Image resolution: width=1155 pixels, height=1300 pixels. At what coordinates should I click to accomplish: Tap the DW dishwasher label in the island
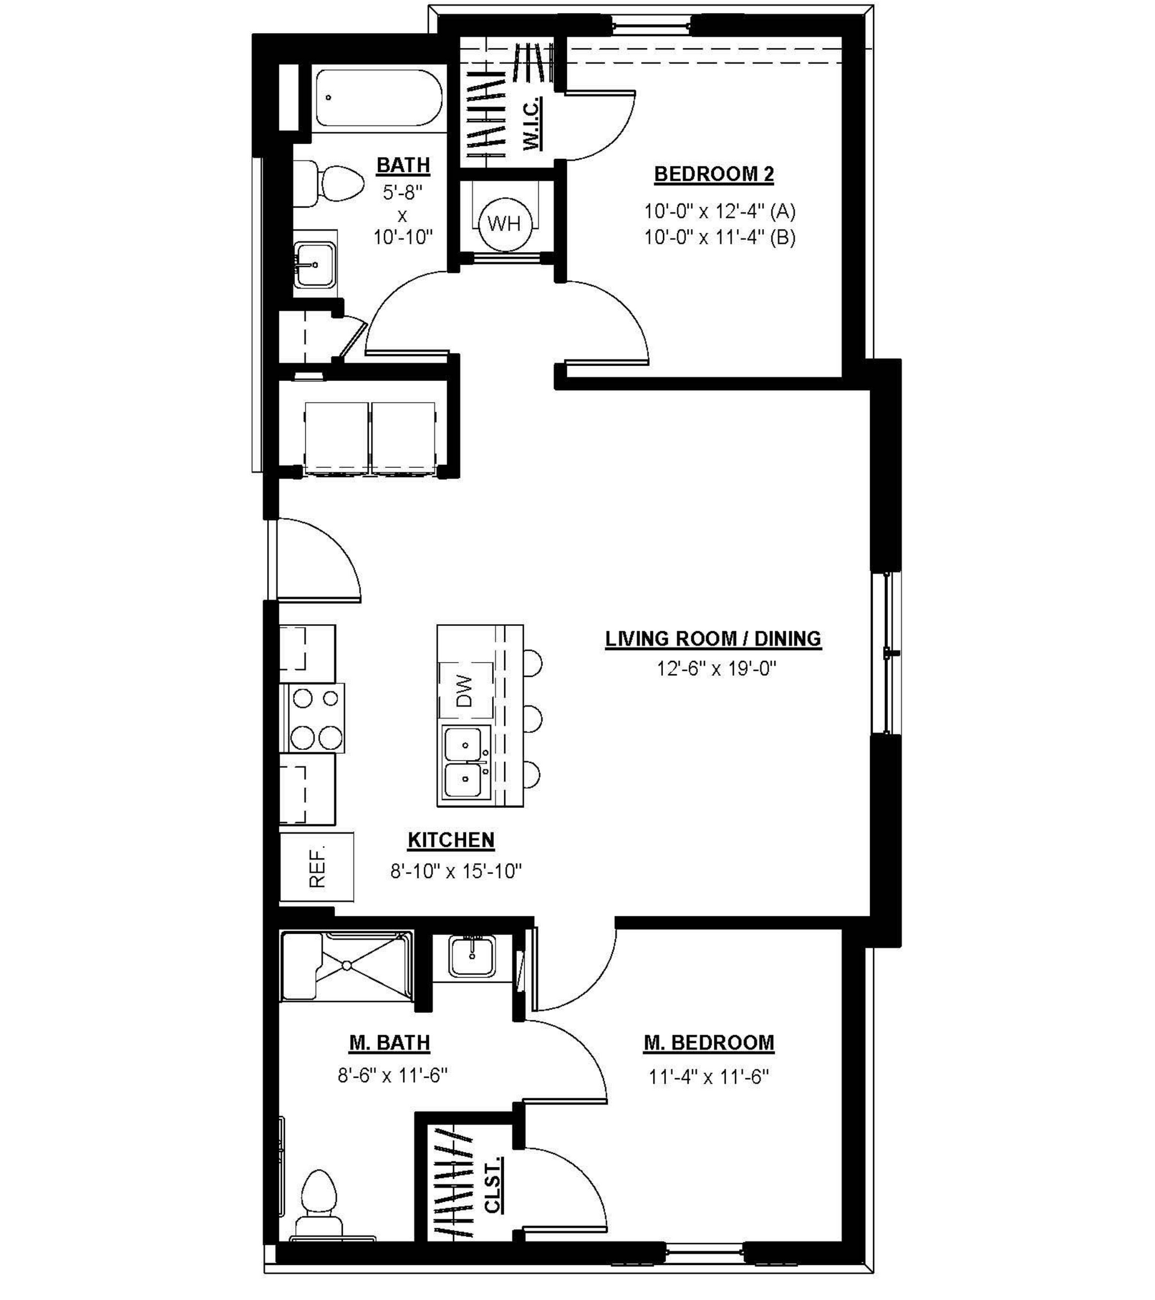pos(464,690)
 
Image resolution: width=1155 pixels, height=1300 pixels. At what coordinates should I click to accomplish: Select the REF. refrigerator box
pos(316,866)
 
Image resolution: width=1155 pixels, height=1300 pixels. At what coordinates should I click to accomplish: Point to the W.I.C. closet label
pos(531,123)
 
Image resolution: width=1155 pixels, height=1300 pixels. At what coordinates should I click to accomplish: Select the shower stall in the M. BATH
pos(347,965)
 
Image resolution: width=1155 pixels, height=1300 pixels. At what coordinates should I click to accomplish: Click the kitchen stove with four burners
pos(316,718)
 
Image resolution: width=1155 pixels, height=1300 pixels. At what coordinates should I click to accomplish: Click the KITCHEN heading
pos(451,840)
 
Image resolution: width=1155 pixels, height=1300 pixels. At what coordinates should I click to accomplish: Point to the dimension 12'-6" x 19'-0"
pos(716,669)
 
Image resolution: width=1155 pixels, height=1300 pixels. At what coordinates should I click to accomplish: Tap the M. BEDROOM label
pos(709,1043)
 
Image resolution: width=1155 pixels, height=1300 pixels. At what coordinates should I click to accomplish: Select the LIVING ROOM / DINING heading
pos(713,639)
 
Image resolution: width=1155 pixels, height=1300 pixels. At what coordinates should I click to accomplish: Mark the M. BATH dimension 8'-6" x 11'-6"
pos(392,1075)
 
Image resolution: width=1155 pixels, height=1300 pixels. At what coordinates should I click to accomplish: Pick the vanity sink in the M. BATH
pos(472,956)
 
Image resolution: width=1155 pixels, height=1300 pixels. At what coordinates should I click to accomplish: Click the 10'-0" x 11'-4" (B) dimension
pos(719,237)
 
